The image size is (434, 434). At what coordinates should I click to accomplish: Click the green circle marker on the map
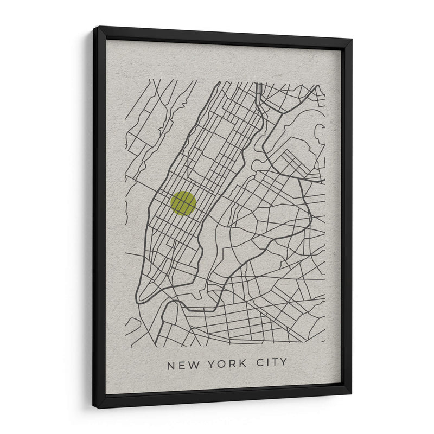(183, 203)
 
